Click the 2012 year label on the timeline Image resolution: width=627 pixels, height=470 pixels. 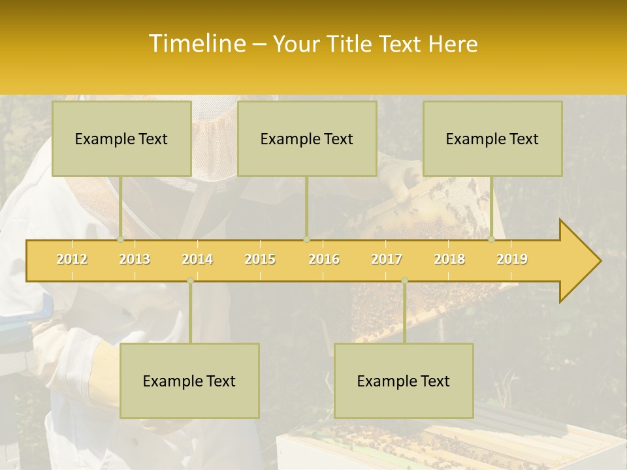[72, 259]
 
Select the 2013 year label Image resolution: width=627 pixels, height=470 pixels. [135, 259]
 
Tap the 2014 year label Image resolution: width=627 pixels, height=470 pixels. [197, 259]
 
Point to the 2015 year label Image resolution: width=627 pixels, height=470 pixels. [260, 259]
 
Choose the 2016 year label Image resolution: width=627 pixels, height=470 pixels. [324, 259]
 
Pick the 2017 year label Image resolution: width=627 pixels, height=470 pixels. [387, 259]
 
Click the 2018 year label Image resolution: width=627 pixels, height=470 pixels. [449, 259]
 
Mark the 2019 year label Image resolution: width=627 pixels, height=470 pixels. [512, 259]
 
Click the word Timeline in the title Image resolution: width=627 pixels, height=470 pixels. [196, 44]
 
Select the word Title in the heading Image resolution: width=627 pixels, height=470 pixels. [351, 44]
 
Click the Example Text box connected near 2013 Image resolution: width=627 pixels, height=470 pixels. [121, 138]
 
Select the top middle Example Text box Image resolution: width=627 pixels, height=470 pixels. [307, 138]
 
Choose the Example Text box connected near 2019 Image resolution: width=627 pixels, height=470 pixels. [492, 138]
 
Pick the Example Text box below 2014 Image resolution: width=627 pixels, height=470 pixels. [189, 381]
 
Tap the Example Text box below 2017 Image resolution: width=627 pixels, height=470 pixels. [404, 381]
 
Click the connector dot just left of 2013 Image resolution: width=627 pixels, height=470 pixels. [121, 240]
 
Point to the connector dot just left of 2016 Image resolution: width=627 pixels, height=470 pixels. [306, 240]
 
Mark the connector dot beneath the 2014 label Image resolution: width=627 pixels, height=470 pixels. [190, 280]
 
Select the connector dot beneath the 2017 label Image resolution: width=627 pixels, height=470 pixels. [404, 280]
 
